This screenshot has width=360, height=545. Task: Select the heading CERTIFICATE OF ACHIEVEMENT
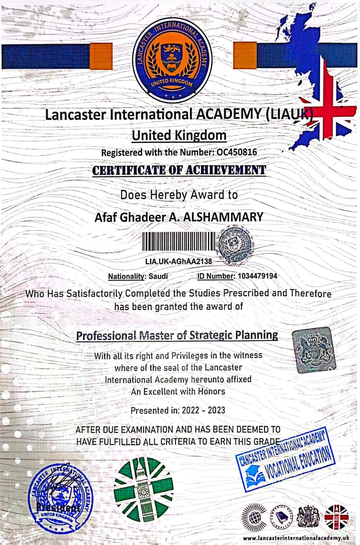(x=179, y=170)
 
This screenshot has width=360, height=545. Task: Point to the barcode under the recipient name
(x=178, y=243)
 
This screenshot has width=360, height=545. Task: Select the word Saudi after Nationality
(x=158, y=276)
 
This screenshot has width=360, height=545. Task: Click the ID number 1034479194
(x=257, y=276)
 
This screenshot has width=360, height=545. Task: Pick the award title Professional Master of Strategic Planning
(x=177, y=335)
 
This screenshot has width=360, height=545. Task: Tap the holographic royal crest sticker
(x=314, y=350)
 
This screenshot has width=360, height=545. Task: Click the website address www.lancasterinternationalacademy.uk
(x=298, y=538)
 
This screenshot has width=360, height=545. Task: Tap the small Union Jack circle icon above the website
(x=337, y=516)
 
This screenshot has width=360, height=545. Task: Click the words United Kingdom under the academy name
(x=179, y=135)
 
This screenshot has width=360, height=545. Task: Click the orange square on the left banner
(x=101, y=56)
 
